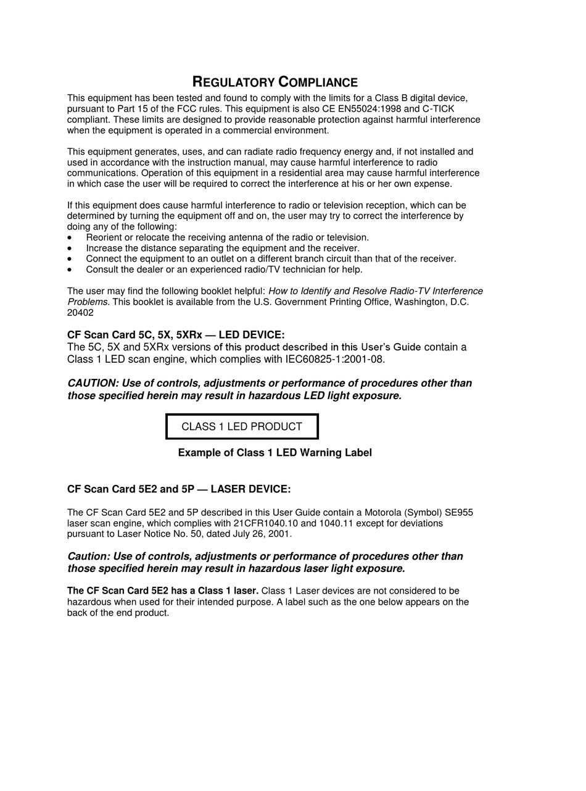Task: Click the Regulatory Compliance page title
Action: pyautogui.click(x=275, y=82)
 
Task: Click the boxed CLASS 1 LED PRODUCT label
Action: pyautogui.click(x=242, y=426)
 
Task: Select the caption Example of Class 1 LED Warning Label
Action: pyautogui.click(x=274, y=453)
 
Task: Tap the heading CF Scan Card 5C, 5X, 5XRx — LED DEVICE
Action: pyautogui.click(x=176, y=335)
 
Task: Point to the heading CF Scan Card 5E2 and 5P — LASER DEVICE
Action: pyautogui.click(x=179, y=489)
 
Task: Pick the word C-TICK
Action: pyautogui.click(x=438, y=109)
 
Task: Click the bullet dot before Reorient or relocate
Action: pyautogui.click(x=70, y=238)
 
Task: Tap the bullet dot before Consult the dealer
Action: pyautogui.click(x=70, y=270)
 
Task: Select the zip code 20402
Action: pyautogui.click(x=80, y=313)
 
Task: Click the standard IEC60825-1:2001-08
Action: pyautogui.click(x=335, y=360)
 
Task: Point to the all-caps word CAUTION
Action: pyautogui.click(x=93, y=383)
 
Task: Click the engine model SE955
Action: pyautogui.click(x=459, y=513)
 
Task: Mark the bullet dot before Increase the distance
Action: pyautogui.click(x=70, y=248)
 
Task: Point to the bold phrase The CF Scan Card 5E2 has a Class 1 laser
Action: pyautogui.click(x=163, y=591)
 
